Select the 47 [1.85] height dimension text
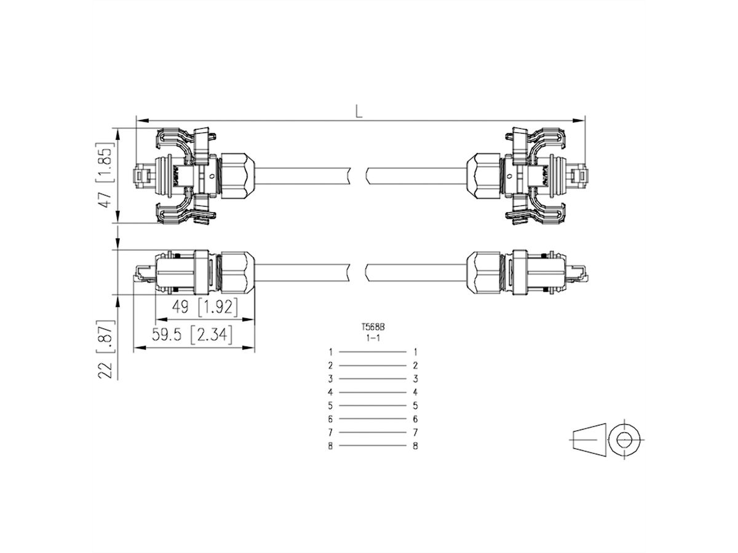coord(106,176)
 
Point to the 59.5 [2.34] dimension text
coord(192,335)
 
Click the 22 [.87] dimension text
coord(106,349)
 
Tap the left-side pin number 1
coord(330,352)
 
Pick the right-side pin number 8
coord(416,446)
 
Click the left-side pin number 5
coord(330,406)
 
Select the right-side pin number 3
coord(416,378)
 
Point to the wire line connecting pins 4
coord(373,392)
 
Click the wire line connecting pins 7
coord(373,433)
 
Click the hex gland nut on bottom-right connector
coord(483,273)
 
